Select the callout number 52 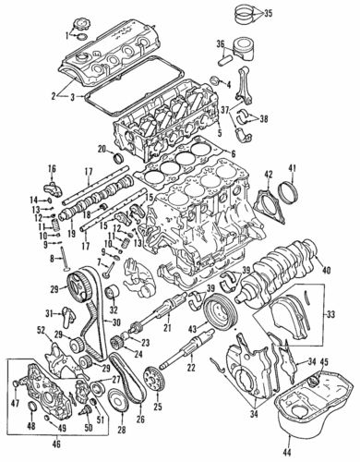point(42,329)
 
